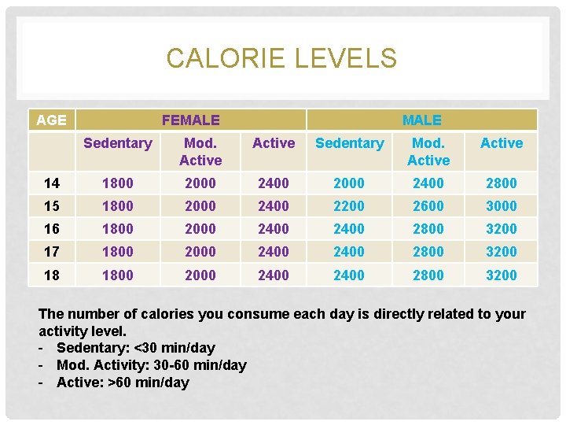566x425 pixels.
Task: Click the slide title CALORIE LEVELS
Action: tap(281, 58)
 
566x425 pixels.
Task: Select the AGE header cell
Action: tap(52, 120)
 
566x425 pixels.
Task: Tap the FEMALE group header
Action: tap(190, 120)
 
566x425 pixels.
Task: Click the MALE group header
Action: tap(421, 120)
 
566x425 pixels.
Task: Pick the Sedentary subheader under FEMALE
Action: tap(118, 143)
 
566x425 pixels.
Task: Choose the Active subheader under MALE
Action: tap(502, 143)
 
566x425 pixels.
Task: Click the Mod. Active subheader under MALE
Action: tap(428, 151)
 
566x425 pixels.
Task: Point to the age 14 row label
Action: tap(52, 183)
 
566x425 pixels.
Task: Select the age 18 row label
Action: tap(52, 275)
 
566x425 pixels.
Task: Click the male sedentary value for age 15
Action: tap(349, 206)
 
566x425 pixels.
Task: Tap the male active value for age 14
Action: tap(502, 183)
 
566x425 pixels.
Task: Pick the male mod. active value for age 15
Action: tap(428, 206)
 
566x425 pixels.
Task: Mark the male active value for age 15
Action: tap(502, 206)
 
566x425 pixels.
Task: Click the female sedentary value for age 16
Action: tap(118, 229)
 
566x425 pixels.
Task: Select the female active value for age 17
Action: tap(274, 252)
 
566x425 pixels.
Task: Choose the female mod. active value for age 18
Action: tap(200, 275)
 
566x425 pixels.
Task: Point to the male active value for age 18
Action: tap(502, 275)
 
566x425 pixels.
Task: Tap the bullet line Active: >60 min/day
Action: tap(123, 382)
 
